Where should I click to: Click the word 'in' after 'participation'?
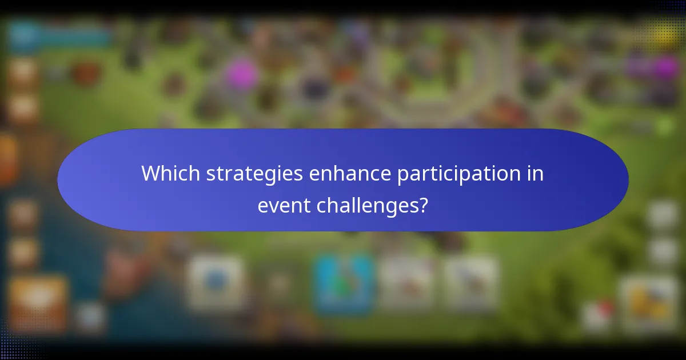(535, 173)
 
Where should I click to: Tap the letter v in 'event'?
(273, 205)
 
